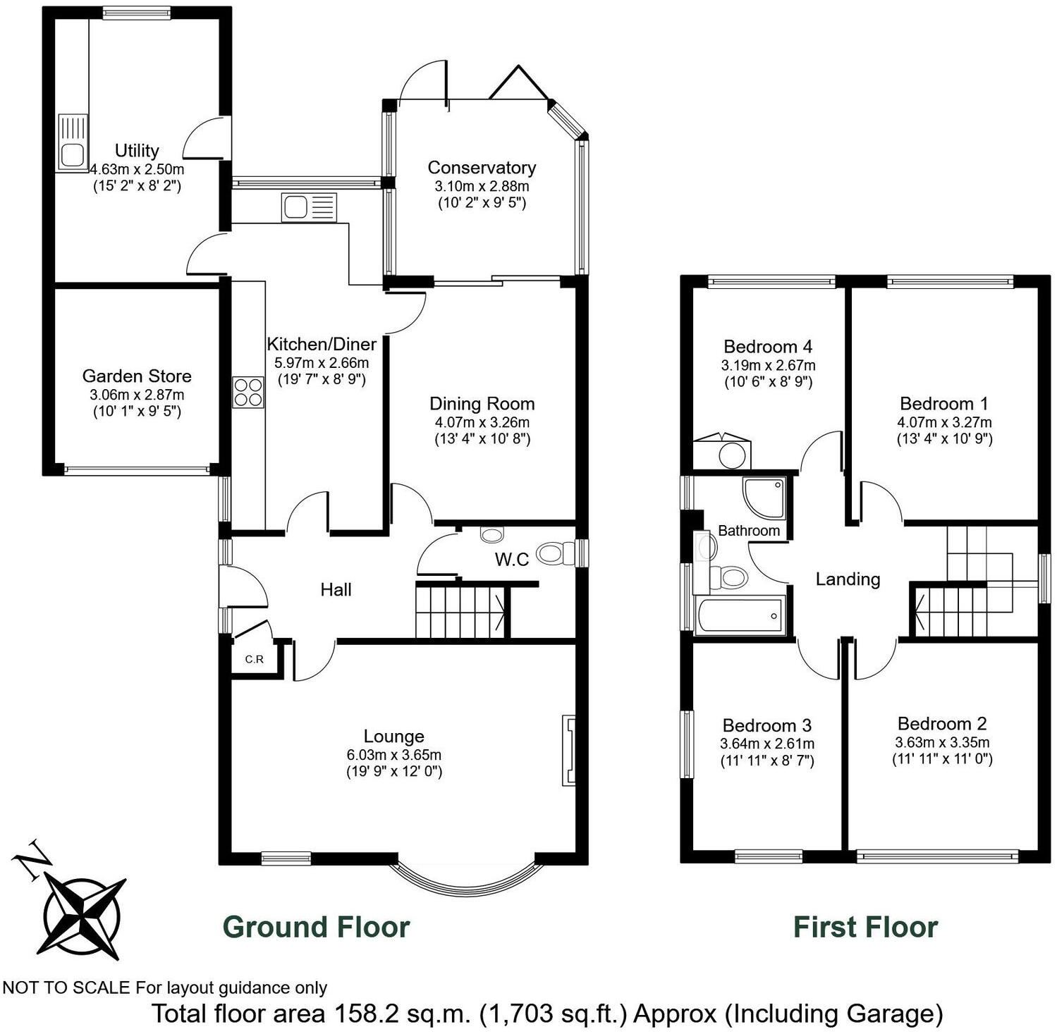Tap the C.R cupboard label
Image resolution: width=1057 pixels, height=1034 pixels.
coord(254,660)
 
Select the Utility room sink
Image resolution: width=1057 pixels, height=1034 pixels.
coord(72,143)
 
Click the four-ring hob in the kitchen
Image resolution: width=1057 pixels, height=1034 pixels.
coord(248,393)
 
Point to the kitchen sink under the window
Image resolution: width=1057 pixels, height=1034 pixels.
coord(309,207)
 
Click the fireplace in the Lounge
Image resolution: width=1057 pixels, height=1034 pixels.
coord(568,751)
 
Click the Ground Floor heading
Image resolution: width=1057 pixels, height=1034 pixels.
coord(316,927)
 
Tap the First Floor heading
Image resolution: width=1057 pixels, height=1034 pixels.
coord(865,927)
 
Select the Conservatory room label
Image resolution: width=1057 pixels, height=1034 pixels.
coord(482,168)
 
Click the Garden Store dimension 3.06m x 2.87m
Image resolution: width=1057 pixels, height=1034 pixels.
coord(137,395)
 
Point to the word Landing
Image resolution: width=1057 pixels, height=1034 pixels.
coord(848,579)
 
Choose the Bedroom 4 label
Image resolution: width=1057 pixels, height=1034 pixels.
coord(768,347)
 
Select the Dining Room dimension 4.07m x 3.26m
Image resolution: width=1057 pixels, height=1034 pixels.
coord(482,423)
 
